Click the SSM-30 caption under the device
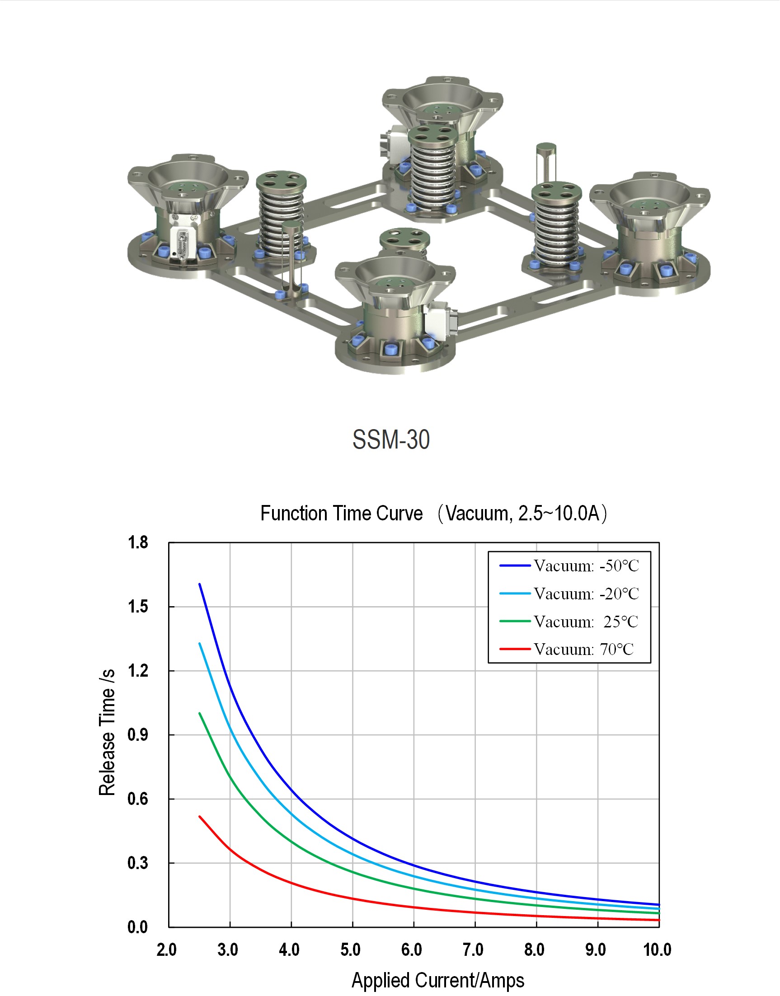[x=391, y=439]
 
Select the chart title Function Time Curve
[x=342, y=513]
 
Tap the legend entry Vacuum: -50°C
[x=569, y=566]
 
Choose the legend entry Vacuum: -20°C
[x=569, y=594]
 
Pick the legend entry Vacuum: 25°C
[x=569, y=621]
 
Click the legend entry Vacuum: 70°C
[x=567, y=649]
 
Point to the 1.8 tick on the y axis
[x=137, y=542]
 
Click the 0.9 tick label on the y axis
[x=137, y=734]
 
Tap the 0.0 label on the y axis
[x=137, y=927]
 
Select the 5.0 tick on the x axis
[x=351, y=949]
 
